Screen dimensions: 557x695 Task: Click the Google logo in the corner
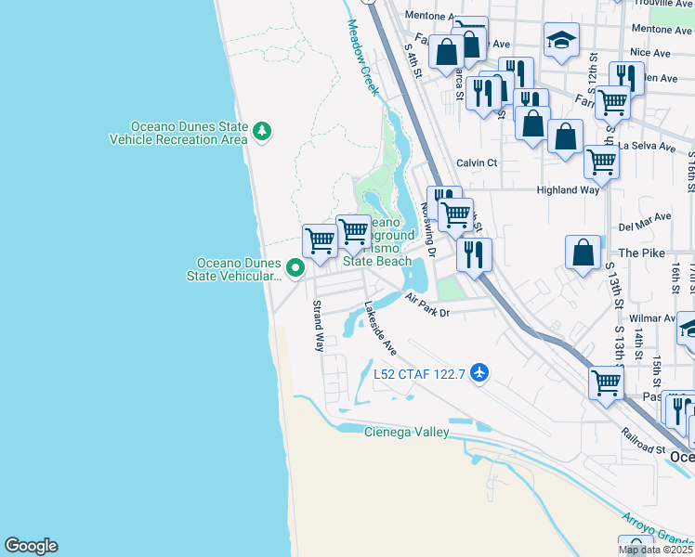click(x=31, y=546)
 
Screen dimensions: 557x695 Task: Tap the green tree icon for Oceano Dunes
click(x=263, y=132)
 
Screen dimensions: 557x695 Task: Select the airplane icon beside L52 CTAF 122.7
click(x=479, y=373)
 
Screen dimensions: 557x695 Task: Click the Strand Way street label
click(x=318, y=326)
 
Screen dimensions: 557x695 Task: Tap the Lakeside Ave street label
click(x=380, y=329)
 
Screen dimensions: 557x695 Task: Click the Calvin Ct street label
click(x=477, y=162)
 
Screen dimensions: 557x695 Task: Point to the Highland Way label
click(x=568, y=190)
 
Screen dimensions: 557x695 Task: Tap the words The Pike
click(x=641, y=253)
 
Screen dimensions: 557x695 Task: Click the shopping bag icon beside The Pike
click(x=583, y=252)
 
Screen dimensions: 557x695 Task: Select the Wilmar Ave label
click(x=651, y=317)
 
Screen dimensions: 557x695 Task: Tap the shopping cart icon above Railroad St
click(x=606, y=380)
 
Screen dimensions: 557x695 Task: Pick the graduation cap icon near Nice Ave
click(x=560, y=40)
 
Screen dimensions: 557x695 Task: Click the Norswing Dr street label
click(x=429, y=228)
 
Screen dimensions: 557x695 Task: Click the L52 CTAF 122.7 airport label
click(x=418, y=374)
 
